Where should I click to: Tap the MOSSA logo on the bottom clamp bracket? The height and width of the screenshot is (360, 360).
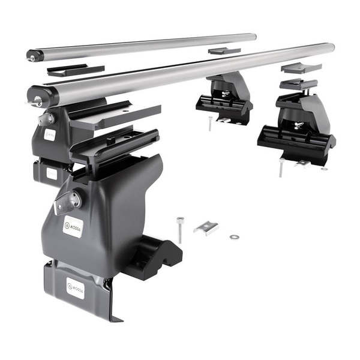[x=75, y=288]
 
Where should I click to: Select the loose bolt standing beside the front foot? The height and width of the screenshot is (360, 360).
[x=180, y=229]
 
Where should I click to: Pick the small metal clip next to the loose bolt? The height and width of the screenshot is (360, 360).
[x=206, y=227]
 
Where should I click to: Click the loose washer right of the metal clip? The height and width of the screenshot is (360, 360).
[x=233, y=236]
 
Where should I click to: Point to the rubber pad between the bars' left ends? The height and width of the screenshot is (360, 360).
[x=75, y=70]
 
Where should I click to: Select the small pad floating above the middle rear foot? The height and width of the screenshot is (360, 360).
[x=224, y=51]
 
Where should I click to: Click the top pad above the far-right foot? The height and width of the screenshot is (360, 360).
[x=301, y=68]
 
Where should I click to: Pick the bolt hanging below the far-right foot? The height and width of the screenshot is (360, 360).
[x=280, y=169]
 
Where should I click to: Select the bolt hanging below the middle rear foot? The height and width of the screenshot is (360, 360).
[x=210, y=124]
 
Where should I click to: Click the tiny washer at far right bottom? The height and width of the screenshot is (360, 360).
[x=325, y=169]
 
